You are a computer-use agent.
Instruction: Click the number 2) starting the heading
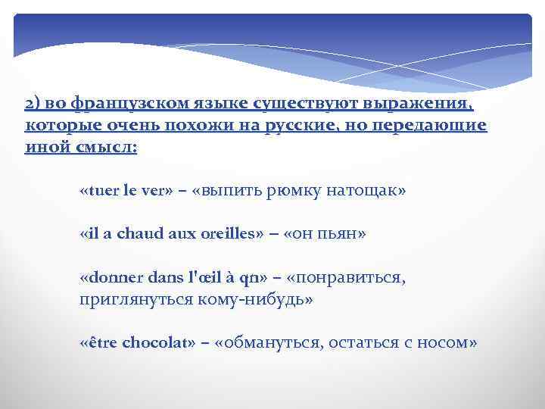coord(32,104)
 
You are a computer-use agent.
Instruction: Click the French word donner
coord(110,278)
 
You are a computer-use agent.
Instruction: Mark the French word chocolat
coord(154,343)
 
